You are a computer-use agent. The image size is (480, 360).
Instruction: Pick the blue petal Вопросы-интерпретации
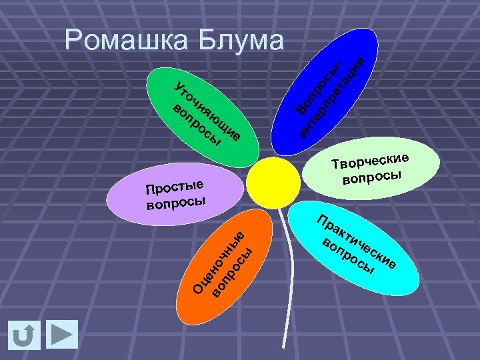tap(327, 93)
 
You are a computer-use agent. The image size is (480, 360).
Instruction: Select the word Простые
tap(175, 187)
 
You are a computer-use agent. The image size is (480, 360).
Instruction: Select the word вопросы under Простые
tap(176, 201)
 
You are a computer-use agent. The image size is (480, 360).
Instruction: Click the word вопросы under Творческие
tap(373, 177)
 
